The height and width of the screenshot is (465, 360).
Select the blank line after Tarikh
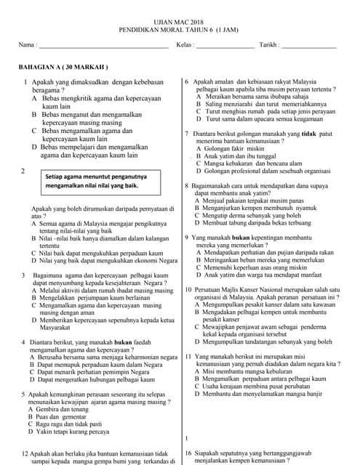pos(308,47)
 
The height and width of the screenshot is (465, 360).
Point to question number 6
pos(187,81)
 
